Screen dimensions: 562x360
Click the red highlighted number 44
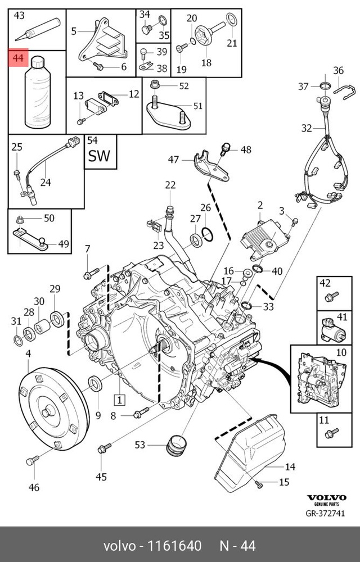[18, 58]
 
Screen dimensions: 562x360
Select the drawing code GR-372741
[325, 513]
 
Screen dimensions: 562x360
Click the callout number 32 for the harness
[306, 128]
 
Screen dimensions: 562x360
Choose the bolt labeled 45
[103, 448]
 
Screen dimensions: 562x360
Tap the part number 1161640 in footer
[174, 546]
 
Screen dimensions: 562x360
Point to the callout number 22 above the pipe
[170, 184]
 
